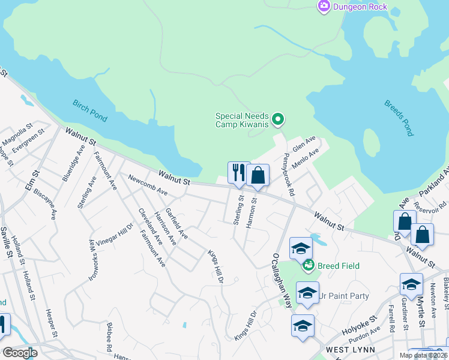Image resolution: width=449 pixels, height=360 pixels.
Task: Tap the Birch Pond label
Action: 90,110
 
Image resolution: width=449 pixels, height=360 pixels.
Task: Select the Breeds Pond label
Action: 399,118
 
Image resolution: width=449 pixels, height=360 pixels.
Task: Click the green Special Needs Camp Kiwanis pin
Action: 277,119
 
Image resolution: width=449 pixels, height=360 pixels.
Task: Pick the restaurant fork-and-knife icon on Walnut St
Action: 238,173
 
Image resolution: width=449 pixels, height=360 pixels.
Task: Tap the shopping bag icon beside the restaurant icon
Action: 258,176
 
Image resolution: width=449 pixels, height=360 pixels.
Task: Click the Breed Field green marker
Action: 309,264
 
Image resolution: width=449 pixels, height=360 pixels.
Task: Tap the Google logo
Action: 20,352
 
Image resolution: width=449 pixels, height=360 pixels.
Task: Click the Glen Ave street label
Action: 304,143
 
